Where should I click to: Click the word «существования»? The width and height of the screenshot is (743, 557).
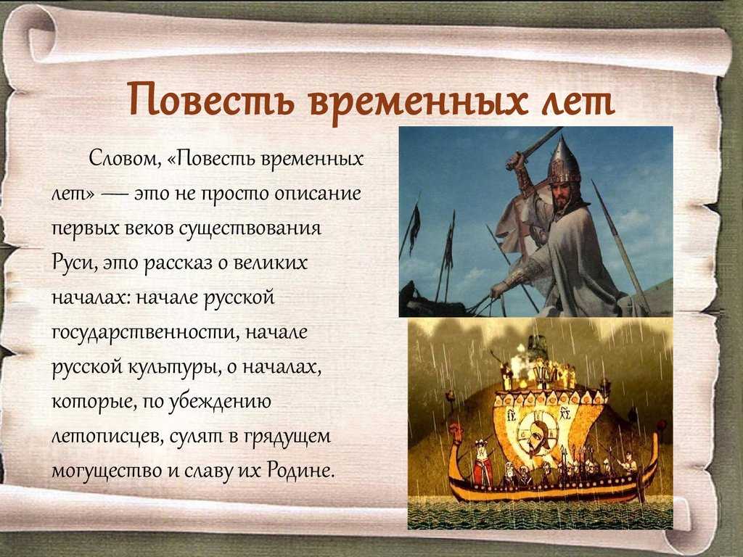[x=250, y=228]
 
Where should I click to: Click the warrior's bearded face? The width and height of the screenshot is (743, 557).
[x=562, y=195]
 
